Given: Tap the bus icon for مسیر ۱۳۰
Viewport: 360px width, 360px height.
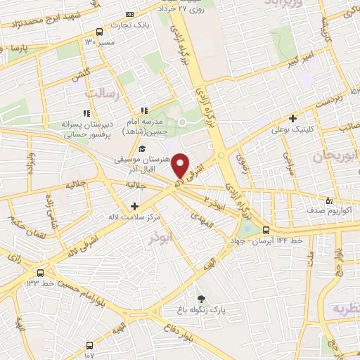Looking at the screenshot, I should [x=99, y=32].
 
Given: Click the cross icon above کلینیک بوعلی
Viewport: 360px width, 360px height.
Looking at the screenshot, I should [x=292, y=118].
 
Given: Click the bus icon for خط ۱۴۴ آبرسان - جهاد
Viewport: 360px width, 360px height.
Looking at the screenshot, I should [x=266, y=229].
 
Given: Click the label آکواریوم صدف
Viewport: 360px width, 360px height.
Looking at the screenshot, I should [x=323, y=210].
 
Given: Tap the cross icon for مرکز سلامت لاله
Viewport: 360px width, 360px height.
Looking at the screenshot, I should [x=134, y=206].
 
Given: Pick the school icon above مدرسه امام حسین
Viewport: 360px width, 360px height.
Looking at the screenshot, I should [x=144, y=110].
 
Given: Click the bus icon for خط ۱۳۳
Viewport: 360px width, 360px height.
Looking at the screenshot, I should [x=40, y=273].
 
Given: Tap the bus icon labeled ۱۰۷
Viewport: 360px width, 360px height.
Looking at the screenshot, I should [x=89, y=345].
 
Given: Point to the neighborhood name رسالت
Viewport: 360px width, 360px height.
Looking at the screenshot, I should [x=99, y=92].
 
